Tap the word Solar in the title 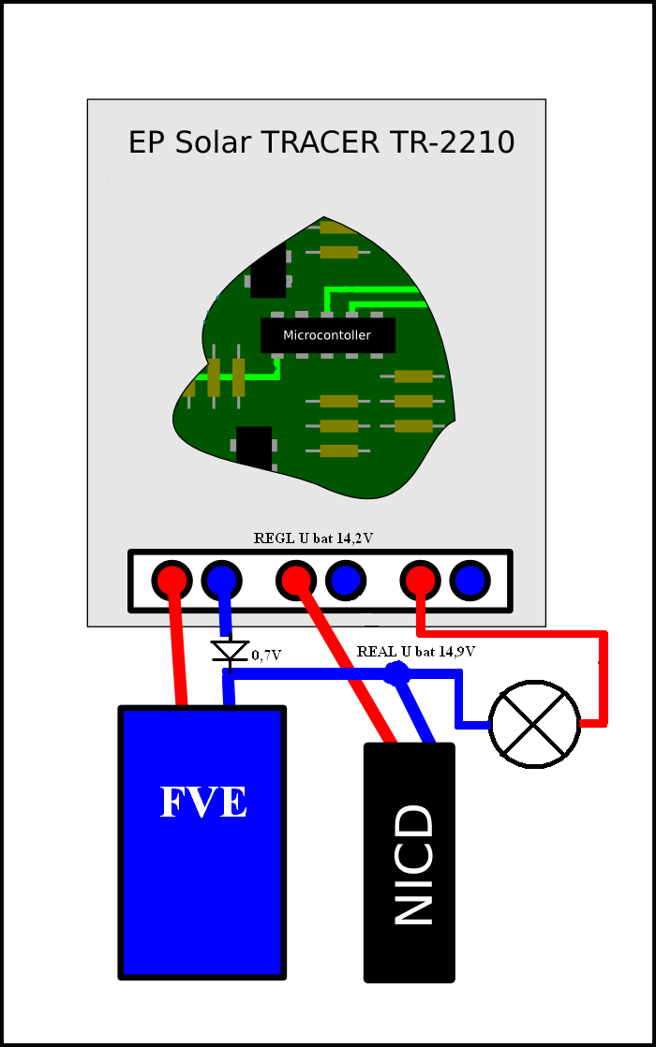(214, 142)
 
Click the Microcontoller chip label (327, 335)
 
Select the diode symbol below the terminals (230, 651)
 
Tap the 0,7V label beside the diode (267, 656)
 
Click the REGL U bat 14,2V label (314, 538)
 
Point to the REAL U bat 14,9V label (415, 651)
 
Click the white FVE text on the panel (203, 803)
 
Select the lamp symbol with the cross (535, 724)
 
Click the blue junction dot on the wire (397, 672)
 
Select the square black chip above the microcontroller (268, 271)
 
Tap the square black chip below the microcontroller (254, 446)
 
